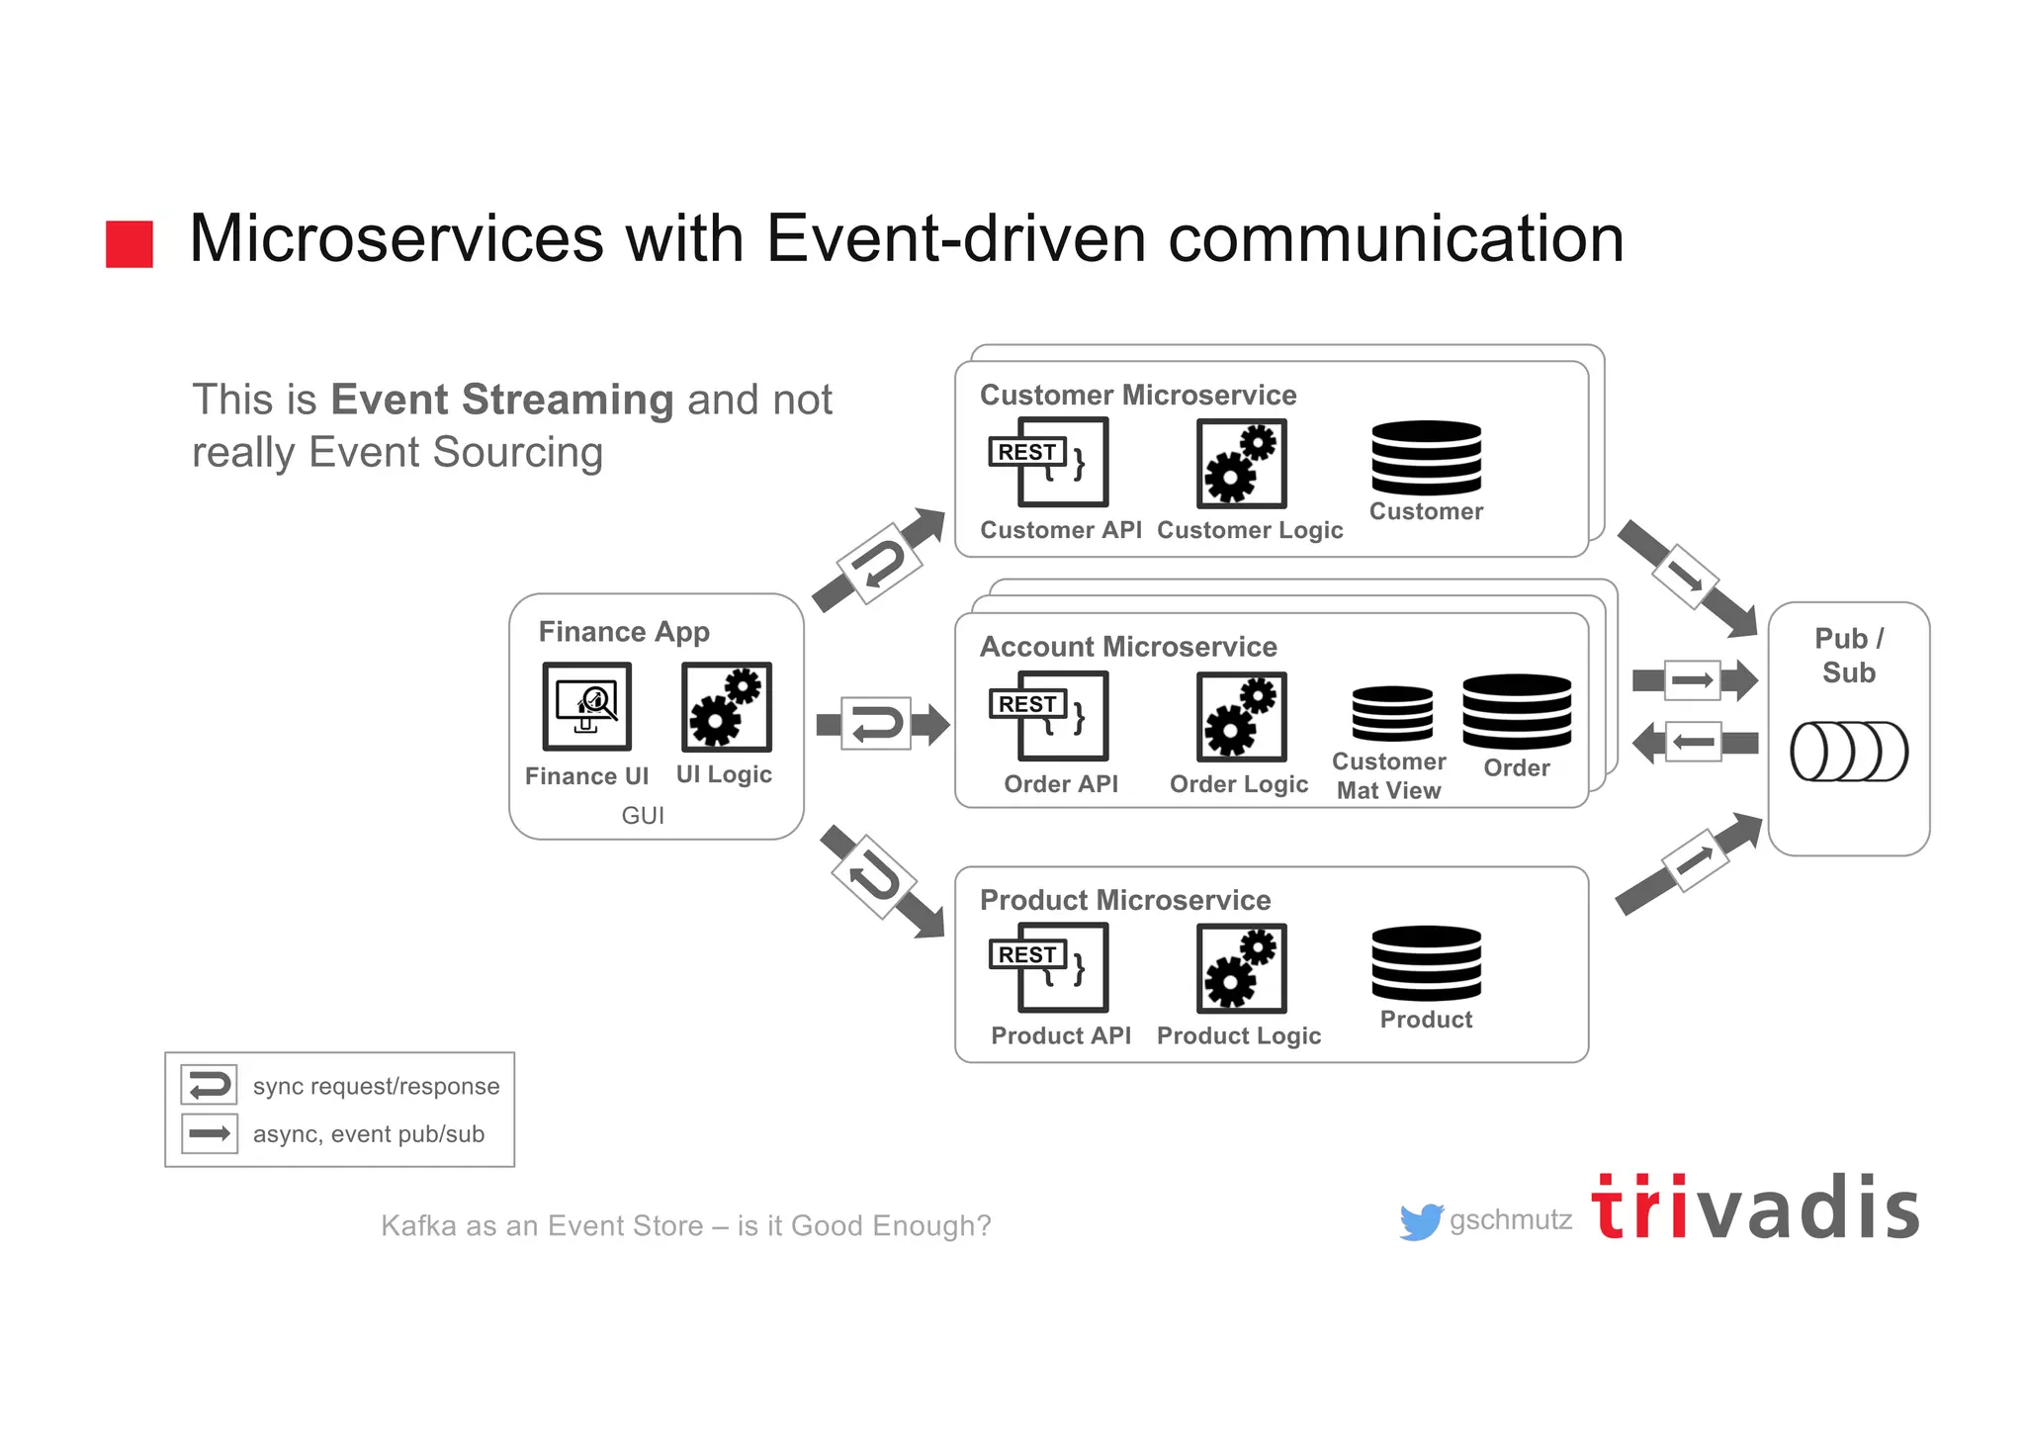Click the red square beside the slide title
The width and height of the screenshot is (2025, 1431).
click(x=129, y=244)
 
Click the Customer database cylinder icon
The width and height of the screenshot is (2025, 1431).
click(x=1426, y=458)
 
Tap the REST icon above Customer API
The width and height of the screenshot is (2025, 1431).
click(x=1048, y=462)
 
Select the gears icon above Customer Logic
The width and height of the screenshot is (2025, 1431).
click(x=1241, y=463)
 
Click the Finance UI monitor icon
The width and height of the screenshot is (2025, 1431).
click(x=586, y=706)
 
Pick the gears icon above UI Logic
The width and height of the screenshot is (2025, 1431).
click(x=726, y=706)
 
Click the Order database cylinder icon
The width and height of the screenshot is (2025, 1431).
click(x=1516, y=712)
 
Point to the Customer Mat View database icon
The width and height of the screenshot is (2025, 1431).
click(x=1392, y=713)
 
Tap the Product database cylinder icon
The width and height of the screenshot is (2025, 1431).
click(x=1426, y=963)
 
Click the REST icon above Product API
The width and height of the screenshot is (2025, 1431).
click(x=1048, y=967)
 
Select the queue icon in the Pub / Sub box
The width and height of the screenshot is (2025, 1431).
click(x=1848, y=752)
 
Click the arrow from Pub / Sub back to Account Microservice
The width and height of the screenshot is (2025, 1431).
click(x=1693, y=742)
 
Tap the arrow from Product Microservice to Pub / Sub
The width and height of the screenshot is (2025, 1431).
click(x=1691, y=862)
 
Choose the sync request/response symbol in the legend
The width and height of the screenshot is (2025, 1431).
click(x=209, y=1085)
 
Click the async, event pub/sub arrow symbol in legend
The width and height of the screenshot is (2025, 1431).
click(x=209, y=1133)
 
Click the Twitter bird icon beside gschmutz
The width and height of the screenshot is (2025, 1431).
click(x=1421, y=1221)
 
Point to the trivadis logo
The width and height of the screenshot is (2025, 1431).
click(x=1755, y=1208)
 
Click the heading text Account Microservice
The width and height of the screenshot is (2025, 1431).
click(x=1128, y=647)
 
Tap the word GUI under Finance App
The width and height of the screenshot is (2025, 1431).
click(x=643, y=815)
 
